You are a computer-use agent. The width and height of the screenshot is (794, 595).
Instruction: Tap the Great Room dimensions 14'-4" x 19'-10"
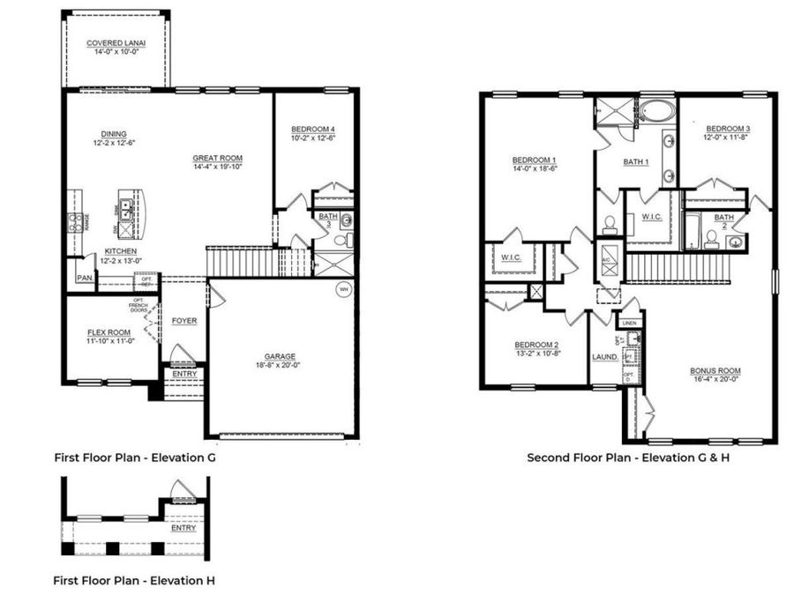click(218, 167)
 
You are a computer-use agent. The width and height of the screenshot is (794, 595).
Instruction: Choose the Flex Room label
click(109, 332)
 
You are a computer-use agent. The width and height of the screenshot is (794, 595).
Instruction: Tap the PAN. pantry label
click(85, 278)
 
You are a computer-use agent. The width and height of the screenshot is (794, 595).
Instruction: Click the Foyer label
click(184, 321)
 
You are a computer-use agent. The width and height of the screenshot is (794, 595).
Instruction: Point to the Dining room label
click(113, 134)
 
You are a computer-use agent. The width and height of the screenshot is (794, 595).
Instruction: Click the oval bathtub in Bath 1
click(655, 112)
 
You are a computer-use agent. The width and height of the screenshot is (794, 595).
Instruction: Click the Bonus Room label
click(715, 370)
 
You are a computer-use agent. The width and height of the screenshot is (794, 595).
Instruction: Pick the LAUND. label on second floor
click(603, 357)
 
